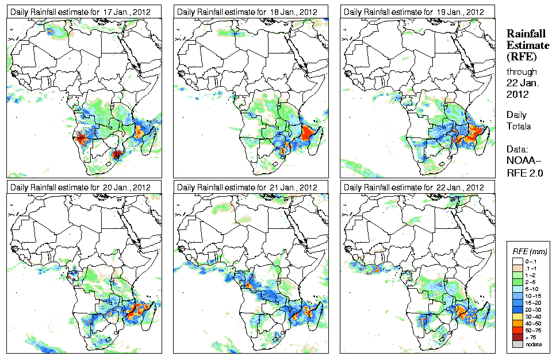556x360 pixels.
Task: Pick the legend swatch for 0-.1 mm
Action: pyautogui.click(x=517, y=261)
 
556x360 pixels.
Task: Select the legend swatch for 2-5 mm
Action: pyautogui.click(x=517, y=282)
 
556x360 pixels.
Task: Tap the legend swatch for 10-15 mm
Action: pyautogui.click(x=517, y=296)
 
